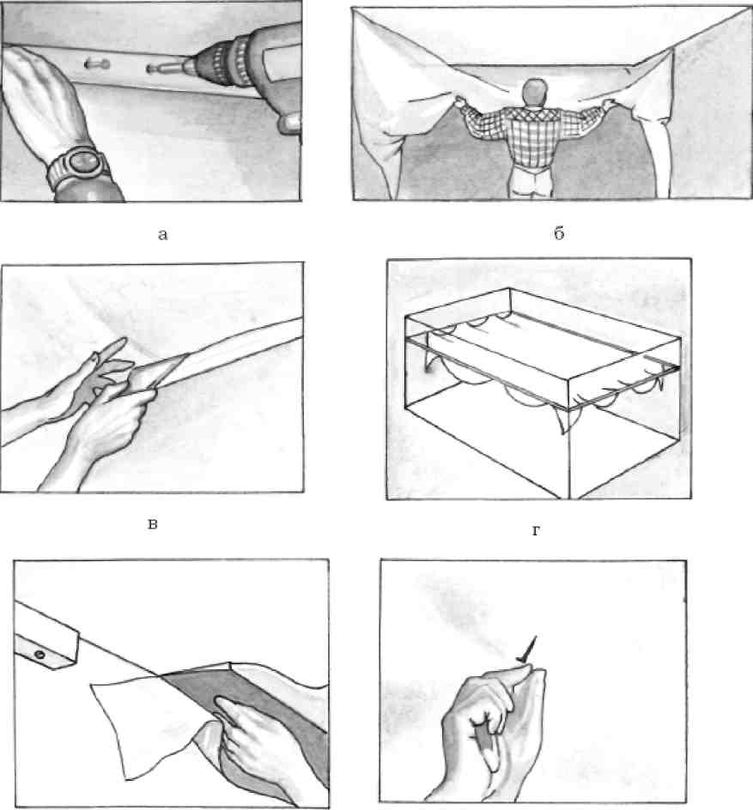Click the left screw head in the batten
97,65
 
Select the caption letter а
163,235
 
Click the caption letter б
559,233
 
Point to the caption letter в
153,524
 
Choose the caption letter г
536,530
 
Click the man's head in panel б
535,93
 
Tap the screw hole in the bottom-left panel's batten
39,655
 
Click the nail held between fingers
528,650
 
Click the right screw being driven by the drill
158,69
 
